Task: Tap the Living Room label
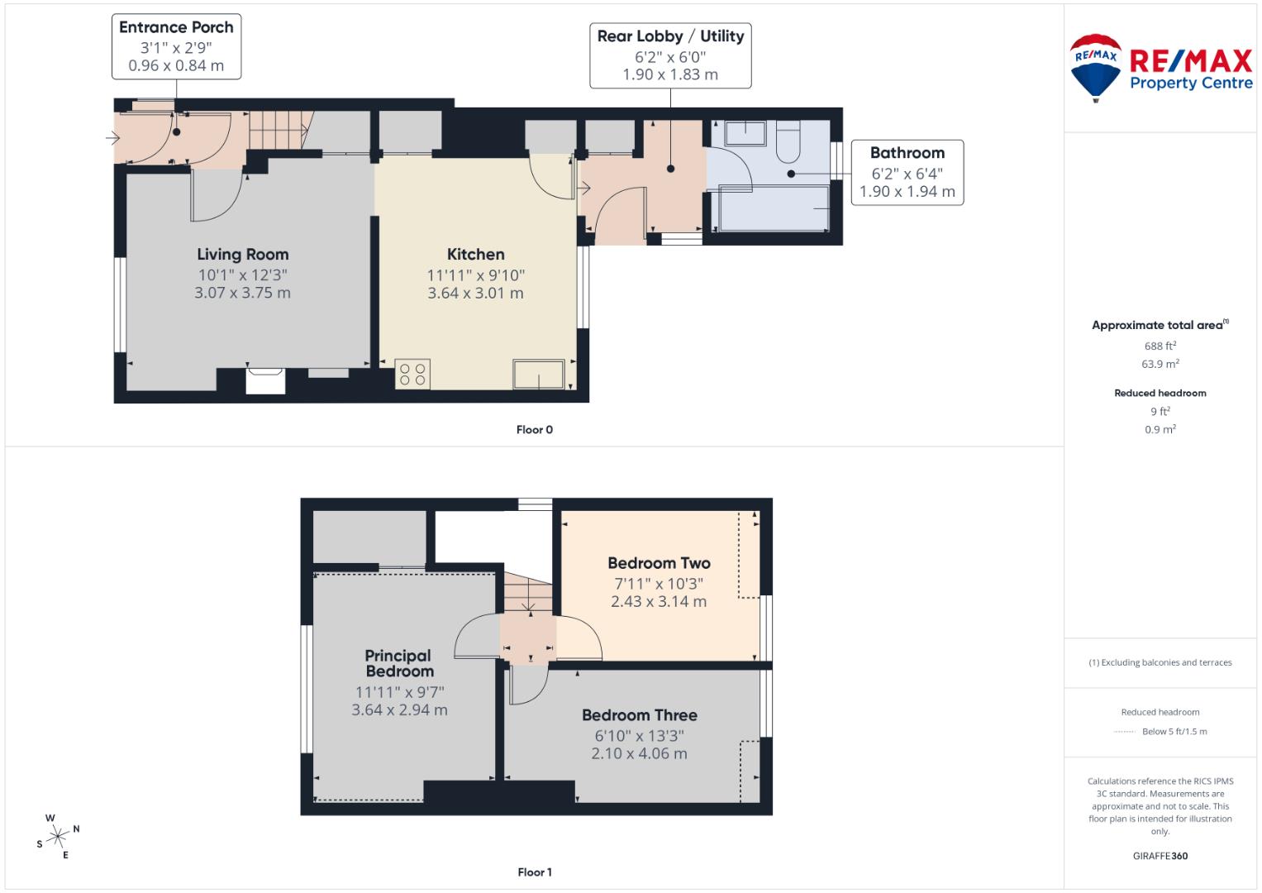[x=242, y=255]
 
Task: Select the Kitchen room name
[x=475, y=255]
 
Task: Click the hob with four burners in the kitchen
[x=412, y=374]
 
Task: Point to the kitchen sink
[x=539, y=374]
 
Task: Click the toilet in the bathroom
[x=789, y=141]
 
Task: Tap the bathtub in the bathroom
[x=774, y=208]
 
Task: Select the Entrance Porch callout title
[x=176, y=27]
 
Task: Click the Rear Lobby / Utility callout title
[x=670, y=36]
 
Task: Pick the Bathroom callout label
[x=907, y=153]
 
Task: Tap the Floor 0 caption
[x=535, y=430]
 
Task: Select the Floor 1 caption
[x=535, y=872]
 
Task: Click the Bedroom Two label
[x=659, y=563]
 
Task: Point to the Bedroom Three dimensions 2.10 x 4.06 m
[x=639, y=753]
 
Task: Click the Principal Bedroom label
[x=399, y=663]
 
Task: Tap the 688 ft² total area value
[x=1160, y=346]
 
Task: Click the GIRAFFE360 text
[x=1160, y=856]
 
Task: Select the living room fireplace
[x=265, y=381]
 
